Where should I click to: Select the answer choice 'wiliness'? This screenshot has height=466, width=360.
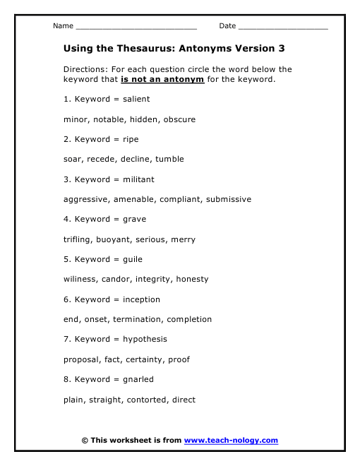tap(80, 280)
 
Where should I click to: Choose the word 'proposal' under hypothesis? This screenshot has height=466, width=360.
tap(81, 359)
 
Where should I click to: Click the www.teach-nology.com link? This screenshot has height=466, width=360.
tap(231, 441)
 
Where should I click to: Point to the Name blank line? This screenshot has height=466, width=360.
tap(136, 28)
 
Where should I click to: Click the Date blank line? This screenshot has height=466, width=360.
tap(283, 28)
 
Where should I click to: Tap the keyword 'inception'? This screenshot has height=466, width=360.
tap(141, 299)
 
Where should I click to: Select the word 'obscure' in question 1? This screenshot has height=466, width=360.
tap(180, 119)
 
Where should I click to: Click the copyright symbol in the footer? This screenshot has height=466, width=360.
tap(85, 441)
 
